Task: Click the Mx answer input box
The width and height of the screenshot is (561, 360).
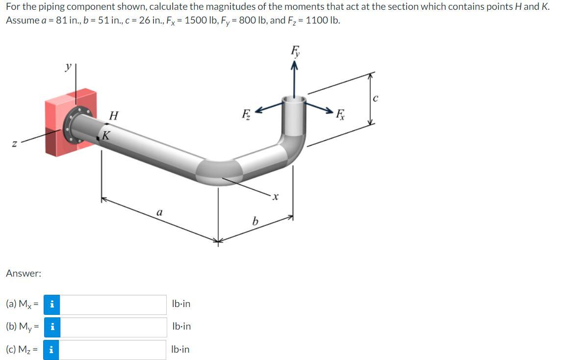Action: point(113,305)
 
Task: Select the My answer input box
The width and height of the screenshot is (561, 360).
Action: point(113,327)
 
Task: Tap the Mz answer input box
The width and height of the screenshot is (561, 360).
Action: point(113,350)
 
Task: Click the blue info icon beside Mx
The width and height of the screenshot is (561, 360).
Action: point(51,305)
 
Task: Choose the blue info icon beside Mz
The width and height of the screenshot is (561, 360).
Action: point(51,350)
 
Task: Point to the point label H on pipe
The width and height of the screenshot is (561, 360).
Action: point(114,116)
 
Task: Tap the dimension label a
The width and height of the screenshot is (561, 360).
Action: point(158,212)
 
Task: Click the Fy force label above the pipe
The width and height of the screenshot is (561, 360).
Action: point(295,50)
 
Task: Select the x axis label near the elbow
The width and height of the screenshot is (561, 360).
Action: point(276,197)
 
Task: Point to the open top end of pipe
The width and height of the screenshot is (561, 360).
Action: point(294,101)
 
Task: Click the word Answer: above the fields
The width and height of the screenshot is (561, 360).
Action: point(24,273)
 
